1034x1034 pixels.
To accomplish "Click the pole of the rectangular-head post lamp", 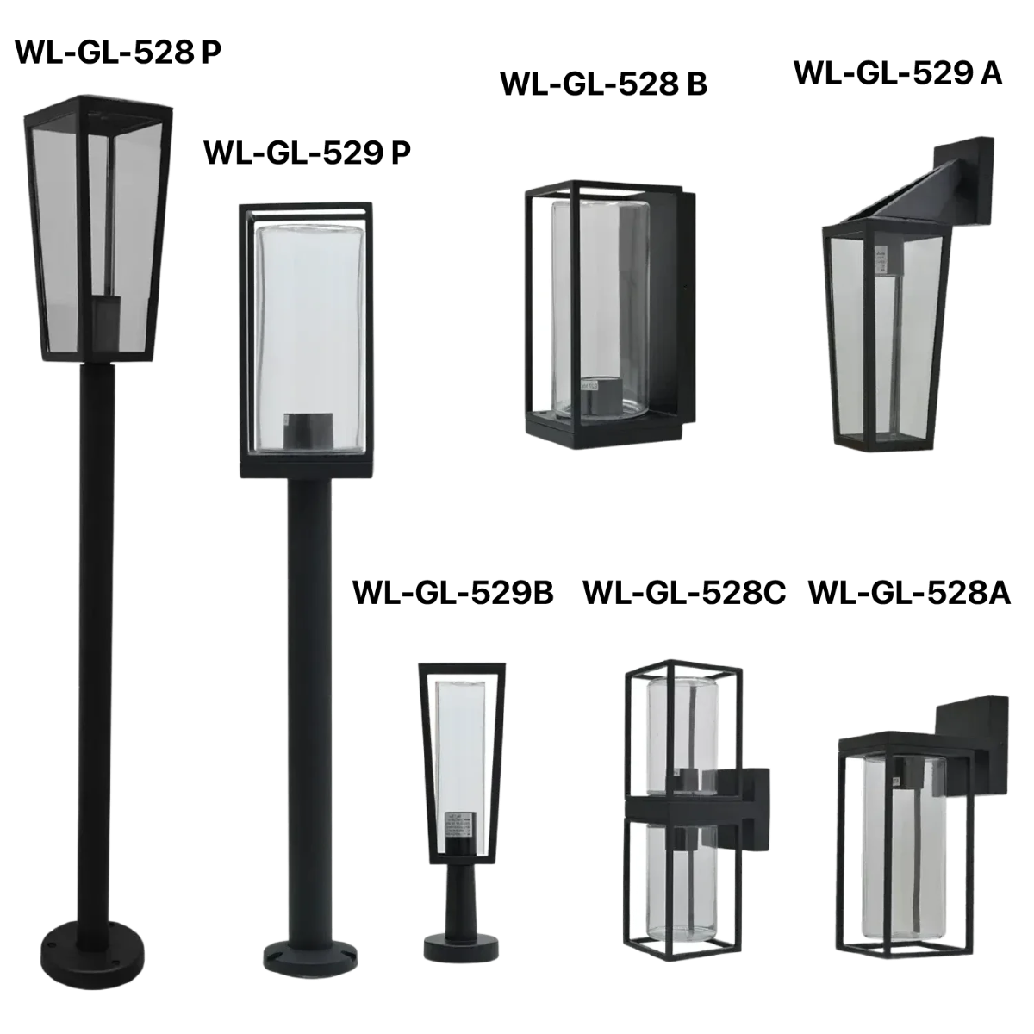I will (306, 689).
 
